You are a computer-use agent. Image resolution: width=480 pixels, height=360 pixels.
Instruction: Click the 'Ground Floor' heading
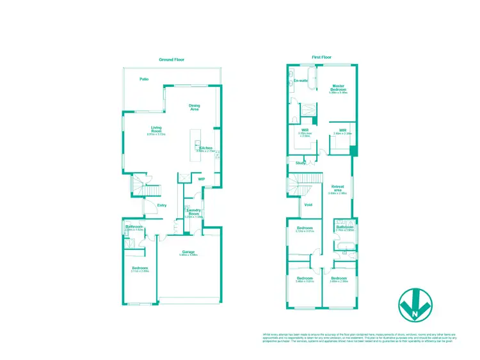coord(172,59)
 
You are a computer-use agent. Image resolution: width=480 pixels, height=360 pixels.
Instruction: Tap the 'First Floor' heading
coord(321,57)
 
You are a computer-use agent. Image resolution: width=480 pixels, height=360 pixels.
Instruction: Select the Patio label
coord(145,79)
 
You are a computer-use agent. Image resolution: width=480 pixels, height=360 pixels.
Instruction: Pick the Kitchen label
coord(205,148)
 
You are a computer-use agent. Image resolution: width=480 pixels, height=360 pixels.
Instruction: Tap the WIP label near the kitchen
coord(201,179)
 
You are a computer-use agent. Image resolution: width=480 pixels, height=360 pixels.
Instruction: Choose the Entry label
coord(162,205)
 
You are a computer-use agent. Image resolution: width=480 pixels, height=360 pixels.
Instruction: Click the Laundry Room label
coord(194,212)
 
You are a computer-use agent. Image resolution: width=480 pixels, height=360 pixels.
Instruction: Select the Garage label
coord(188,252)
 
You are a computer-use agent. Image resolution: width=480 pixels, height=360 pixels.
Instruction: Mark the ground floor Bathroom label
coord(134,227)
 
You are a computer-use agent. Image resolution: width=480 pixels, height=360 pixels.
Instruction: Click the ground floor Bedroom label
coord(140,268)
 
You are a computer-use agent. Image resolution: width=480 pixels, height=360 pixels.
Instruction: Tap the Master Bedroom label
coord(338,88)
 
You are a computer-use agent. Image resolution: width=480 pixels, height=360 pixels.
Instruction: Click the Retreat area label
coord(337,188)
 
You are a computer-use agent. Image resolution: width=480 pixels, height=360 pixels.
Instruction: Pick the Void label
coord(308,205)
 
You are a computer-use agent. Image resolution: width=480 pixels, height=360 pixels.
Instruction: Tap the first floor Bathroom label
coord(345,227)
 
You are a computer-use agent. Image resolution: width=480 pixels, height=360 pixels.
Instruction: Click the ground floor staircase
coord(146,189)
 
